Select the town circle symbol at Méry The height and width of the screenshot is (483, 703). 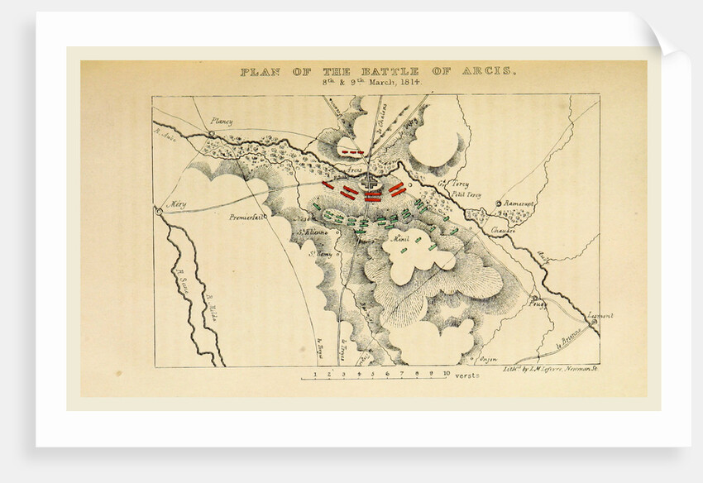click(x=157, y=212)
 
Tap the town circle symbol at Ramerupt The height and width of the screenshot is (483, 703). click(x=499, y=203)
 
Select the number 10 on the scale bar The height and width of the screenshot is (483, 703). click(x=446, y=374)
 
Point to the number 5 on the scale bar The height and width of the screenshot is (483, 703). click(x=373, y=374)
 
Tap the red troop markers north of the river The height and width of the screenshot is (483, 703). click(x=354, y=154)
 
